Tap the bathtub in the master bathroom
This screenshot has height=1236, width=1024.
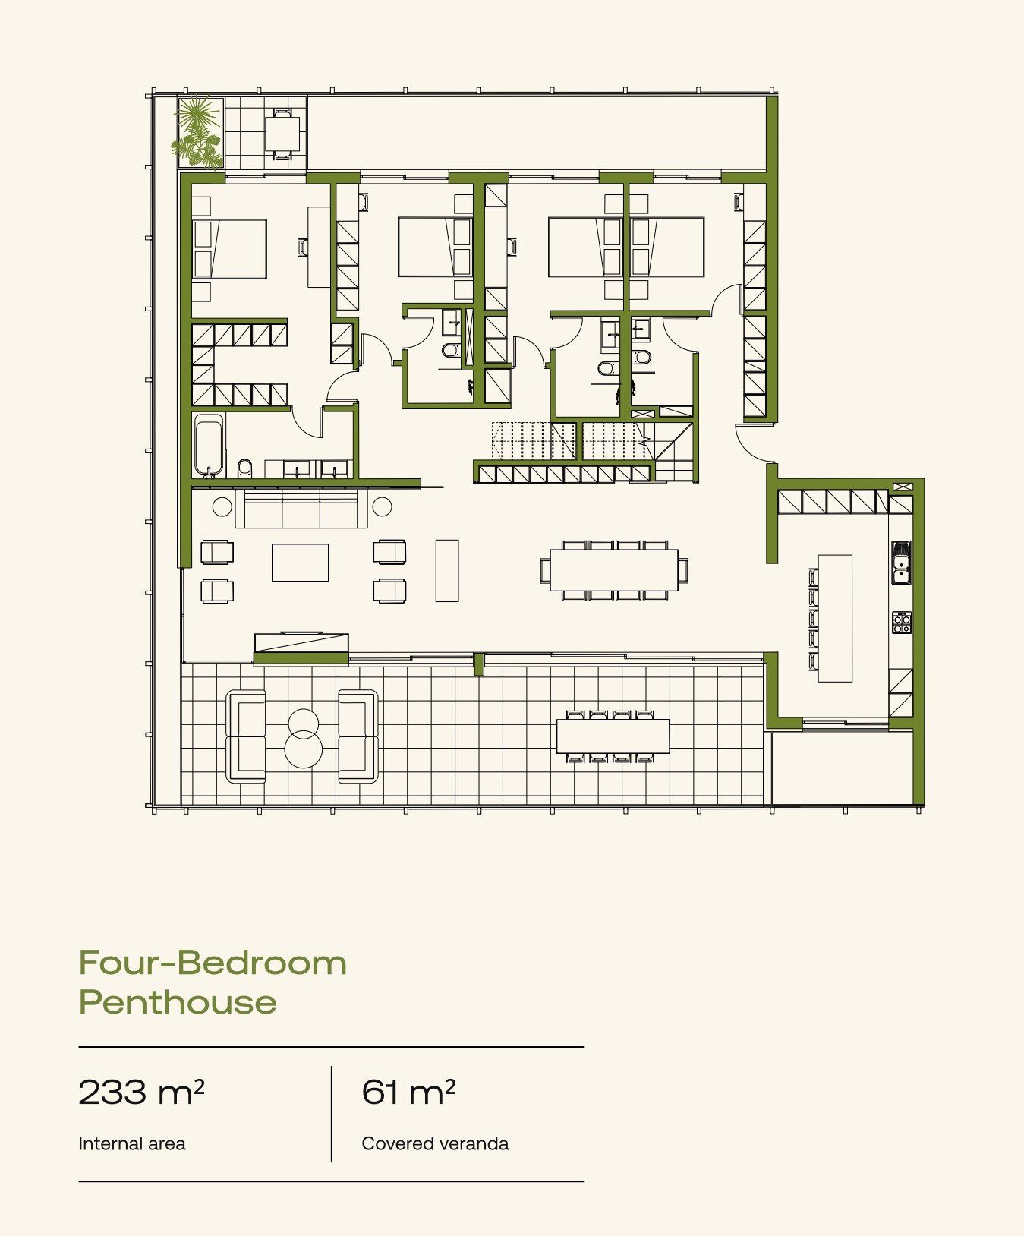(x=208, y=446)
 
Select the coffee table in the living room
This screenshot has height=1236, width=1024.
(x=301, y=563)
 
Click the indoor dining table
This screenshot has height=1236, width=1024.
(x=614, y=569)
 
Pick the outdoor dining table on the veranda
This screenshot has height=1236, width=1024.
(x=613, y=736)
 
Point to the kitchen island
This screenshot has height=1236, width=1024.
(x=835, y=618)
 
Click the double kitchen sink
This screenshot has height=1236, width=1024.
(x=901, y=562)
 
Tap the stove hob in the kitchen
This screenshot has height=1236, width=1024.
(x=902, y=623)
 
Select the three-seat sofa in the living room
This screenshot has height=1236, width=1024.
(x=301, y=509)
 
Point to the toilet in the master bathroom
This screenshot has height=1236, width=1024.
(x=244, y=468)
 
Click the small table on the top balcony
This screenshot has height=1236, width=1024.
(x=282, y=134)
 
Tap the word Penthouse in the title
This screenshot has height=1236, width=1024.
(x=178, y=1003)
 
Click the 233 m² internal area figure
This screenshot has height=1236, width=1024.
(x=141, y=1092)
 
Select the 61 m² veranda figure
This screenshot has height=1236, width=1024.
(x=408, y=1092)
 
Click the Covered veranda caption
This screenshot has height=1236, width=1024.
(x=435, y=1143)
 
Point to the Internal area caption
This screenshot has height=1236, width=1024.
(x=132, y=1143)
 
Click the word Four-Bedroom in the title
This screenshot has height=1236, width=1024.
(x=213, y=963)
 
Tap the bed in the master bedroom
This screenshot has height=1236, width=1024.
(x=229, y=249)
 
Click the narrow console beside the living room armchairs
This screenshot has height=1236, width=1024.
(x=447, y=570)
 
